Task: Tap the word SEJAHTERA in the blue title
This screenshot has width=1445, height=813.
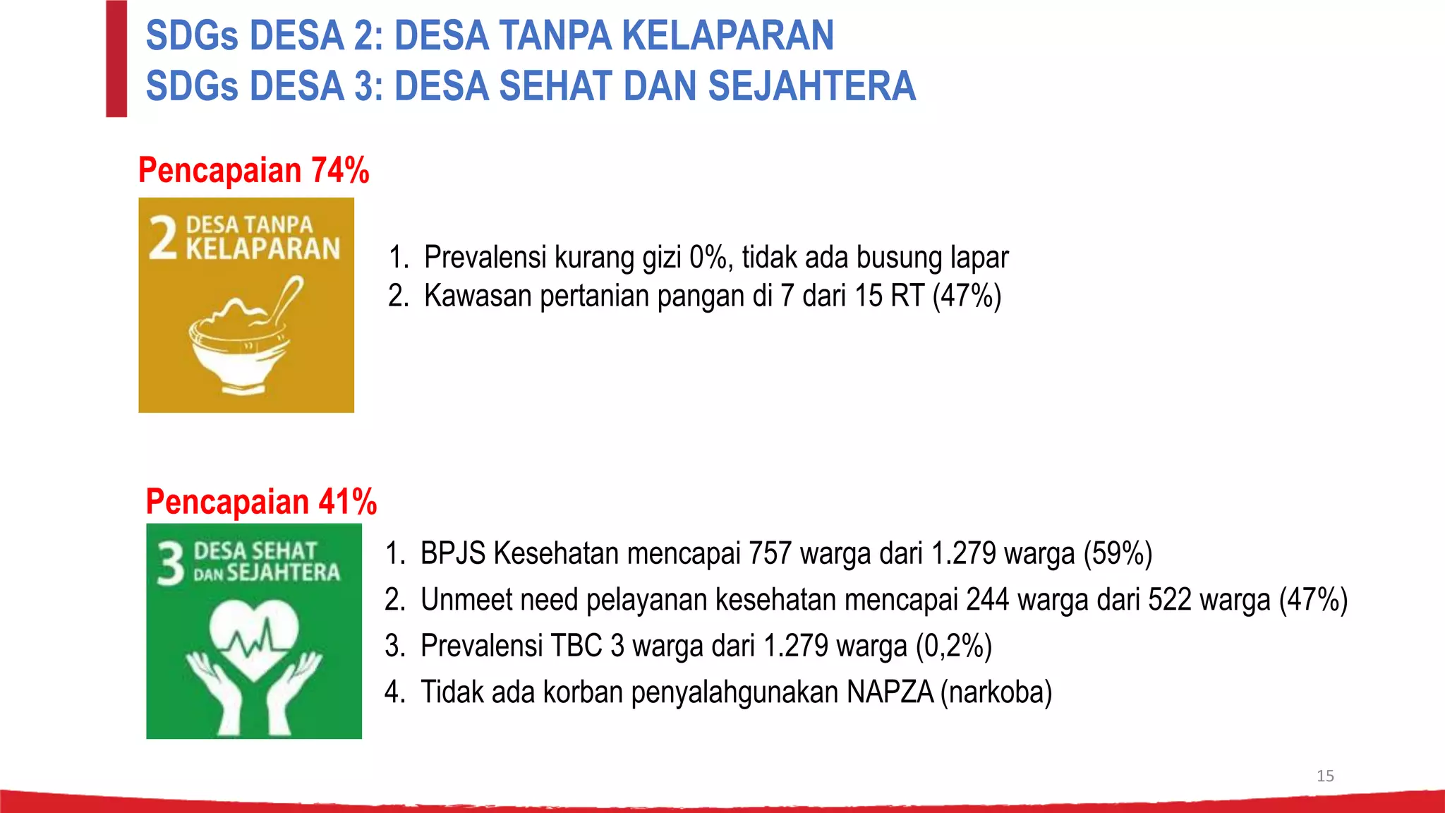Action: pos(811,86)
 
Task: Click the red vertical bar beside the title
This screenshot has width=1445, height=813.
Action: pos(116,59)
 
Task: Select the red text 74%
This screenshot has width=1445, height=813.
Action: pos(340,171)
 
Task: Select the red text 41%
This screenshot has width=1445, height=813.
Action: pos(347,502)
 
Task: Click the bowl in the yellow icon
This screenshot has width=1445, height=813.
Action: pos(238,349)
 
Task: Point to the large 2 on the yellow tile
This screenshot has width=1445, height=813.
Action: pos(163,238)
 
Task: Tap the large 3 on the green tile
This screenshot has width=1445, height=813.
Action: pos(170,564)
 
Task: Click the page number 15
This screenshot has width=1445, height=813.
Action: pos(1325,776)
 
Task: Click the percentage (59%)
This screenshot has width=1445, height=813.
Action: pos(1118,553)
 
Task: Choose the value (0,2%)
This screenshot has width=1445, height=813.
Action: pos(953,646)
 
